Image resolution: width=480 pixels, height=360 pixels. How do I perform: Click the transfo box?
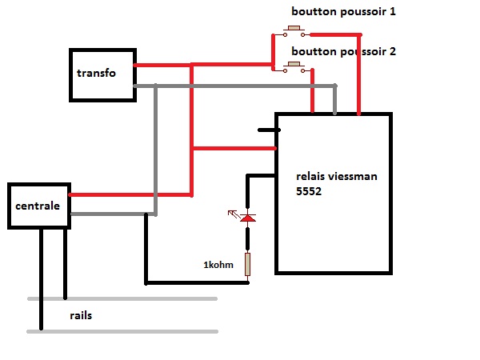[x=102, y=74]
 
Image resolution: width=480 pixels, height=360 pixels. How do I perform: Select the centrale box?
[x=38, y=206]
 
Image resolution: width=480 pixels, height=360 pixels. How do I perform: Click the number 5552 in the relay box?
[x=309, y=192]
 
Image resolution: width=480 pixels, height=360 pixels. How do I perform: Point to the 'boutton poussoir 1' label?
[x=343, y=12]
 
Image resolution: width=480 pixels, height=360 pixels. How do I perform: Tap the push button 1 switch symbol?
[x=294, y=33]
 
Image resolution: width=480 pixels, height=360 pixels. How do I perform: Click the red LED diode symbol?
[x=248, y=218]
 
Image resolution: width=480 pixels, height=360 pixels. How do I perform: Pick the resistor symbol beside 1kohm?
[x=248, y=264]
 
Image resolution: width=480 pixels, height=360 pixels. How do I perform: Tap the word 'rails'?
[x=80, y=315]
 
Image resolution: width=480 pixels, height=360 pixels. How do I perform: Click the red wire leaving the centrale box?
[x=128, y=194]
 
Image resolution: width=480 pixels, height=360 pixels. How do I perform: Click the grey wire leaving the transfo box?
[x=240, y=86]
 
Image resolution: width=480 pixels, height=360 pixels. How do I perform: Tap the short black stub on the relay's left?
[x=266, y=129]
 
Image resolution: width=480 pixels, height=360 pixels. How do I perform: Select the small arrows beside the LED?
[x=234, y=214]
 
